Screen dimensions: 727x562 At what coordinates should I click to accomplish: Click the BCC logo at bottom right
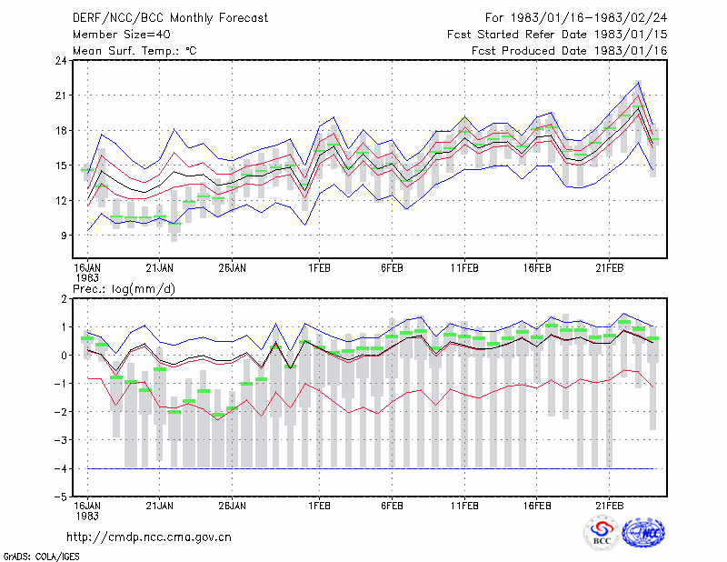click(x=602, y=533)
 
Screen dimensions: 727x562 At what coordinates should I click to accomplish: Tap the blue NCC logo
click(x=643, y=533)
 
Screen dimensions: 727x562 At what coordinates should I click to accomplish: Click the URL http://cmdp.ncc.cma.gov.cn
click(x=149, y=537)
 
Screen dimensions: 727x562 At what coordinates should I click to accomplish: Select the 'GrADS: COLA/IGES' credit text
click(x=41, y=556)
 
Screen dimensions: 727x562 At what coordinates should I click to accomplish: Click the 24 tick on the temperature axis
click(x=61, y=60)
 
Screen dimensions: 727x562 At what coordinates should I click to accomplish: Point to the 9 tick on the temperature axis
click(x=64, y=236)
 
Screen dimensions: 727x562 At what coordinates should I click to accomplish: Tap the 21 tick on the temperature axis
click(x=61, y=95)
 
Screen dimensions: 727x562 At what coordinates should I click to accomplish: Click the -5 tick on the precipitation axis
click(x=60, y=497)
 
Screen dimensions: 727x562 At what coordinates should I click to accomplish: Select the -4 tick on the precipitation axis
click(x=60, y=468)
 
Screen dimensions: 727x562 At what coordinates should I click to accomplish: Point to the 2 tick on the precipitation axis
click(x=64, y=299)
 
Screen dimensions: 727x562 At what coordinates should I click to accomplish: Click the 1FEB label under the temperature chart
click(x=320, y=268)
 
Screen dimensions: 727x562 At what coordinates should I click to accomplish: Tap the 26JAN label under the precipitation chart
click(x=233, y=506)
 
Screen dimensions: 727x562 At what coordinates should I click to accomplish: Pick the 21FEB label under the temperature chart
click(x=609, y=268)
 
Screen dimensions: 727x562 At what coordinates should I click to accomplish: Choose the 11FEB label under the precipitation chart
click(x=464, y=506)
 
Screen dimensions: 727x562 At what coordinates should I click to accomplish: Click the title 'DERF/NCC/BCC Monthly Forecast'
click(x=170, y=18)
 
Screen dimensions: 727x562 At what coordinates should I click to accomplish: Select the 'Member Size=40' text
click(x=122, y=35)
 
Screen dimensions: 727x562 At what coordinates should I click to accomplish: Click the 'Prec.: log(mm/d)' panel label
click(x=124, y=289)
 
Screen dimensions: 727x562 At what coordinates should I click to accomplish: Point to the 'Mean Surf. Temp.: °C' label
click(x=134, y=51)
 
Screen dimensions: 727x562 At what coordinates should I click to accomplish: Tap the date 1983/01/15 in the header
click(x=631, y=35)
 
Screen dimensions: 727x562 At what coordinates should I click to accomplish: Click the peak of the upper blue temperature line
click(x=639, y=82)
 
